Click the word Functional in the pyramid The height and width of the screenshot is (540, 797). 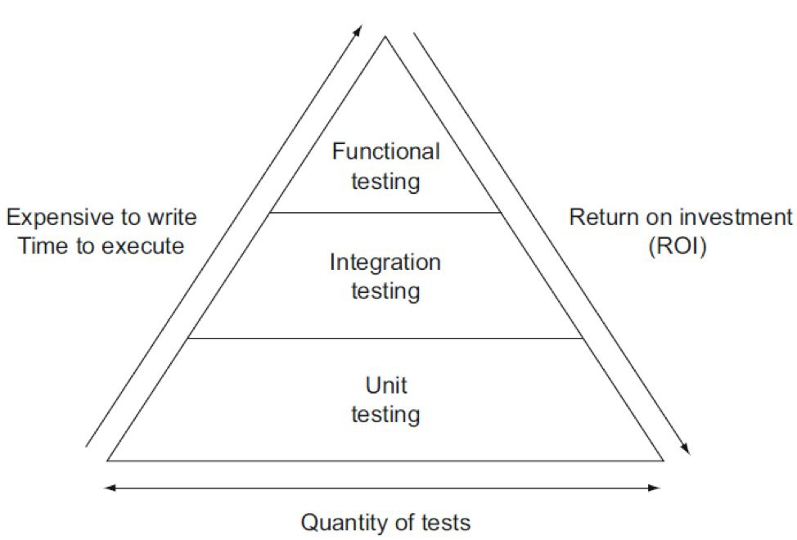click(x=385, y=151)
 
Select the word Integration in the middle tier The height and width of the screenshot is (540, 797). click(x=385, y=263)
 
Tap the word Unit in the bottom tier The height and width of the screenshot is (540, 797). click(x=385, y=385)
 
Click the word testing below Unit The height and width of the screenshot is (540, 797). click(x=385, y=414)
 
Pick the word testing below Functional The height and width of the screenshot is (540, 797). click(x=385, y=181)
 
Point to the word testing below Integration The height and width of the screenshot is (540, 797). click(x=385, y=291)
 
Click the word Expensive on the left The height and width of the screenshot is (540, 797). click(x=56, y=218)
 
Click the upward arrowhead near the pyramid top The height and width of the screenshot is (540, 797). click(x=358, y=29)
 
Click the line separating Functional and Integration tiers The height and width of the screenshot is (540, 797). click(x=385, y=213)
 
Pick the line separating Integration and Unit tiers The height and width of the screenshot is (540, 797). click(x=385, y=338)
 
